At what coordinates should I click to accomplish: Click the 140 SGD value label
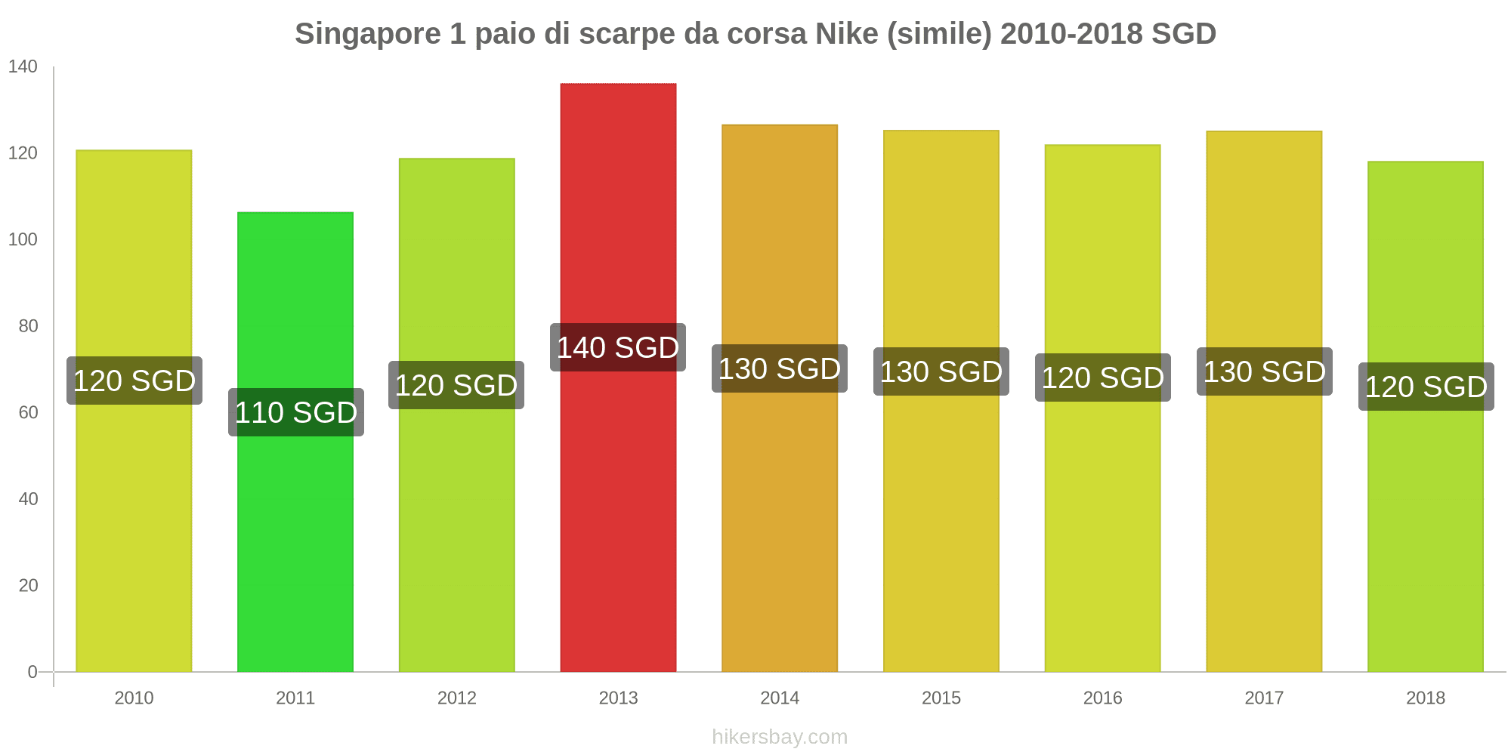pos(618,347)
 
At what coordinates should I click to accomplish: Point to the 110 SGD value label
pos(296,412)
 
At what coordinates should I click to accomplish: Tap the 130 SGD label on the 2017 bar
pos(1264,371)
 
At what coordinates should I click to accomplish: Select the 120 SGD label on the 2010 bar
pos(134,381)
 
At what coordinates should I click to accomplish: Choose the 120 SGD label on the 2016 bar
pos(1102,377)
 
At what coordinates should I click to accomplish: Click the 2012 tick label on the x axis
pos(457,698)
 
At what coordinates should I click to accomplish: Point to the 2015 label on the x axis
pos(941,698)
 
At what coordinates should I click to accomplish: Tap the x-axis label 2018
pos(1425,698)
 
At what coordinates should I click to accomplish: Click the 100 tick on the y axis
pos(23,239)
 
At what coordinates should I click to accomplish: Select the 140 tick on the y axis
pos(23,66)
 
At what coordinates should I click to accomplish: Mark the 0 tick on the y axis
pos(32,672)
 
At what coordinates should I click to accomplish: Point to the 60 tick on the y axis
pos(28,412)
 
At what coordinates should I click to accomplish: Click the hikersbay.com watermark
pos(780,737)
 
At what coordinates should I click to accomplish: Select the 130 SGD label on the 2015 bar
pos(941,371)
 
